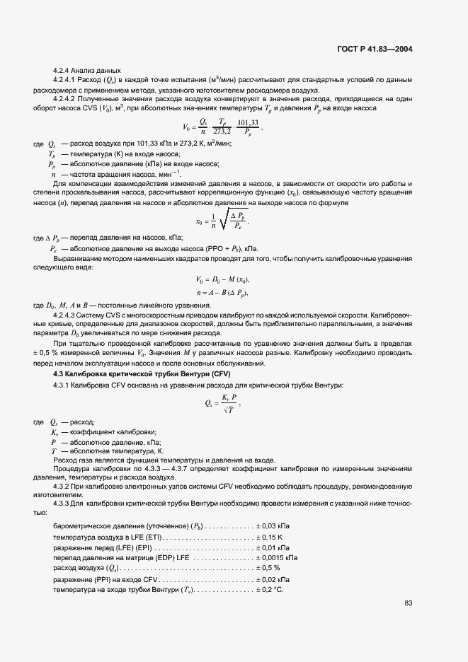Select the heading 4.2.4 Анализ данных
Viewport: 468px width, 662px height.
[x=87, y=71]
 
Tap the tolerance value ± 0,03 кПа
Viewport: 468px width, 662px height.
[x=277, y=527]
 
